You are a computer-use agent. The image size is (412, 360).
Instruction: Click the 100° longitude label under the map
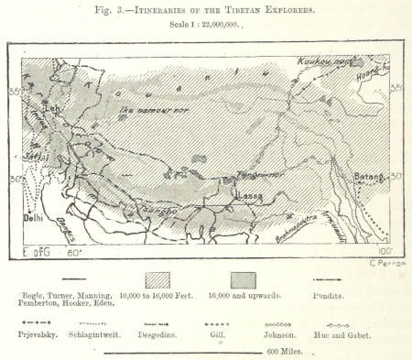[385, 250]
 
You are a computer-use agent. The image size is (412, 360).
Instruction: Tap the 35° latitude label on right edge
[397, 89]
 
